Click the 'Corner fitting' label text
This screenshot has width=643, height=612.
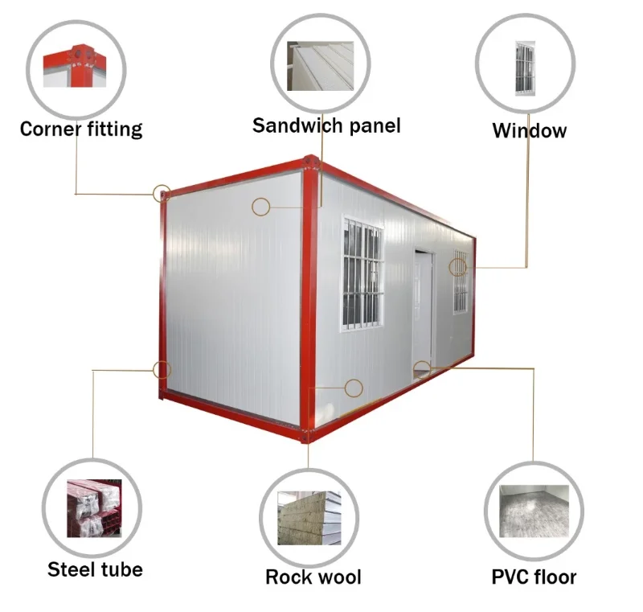81,129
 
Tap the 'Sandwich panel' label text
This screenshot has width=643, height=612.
326,125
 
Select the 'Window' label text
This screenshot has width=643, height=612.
530,130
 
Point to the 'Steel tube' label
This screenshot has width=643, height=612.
95,569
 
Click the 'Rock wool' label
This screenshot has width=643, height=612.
313,577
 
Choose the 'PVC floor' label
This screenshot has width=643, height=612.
534,577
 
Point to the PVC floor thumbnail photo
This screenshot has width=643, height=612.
534,511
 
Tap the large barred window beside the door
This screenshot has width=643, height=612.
362,273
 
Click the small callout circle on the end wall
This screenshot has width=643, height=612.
260,207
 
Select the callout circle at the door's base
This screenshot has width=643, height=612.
422,369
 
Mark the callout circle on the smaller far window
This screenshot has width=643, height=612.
457,267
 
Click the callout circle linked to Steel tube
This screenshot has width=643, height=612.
162,370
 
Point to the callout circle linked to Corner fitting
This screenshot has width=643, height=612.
162,193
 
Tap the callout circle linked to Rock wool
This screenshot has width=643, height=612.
353,388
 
